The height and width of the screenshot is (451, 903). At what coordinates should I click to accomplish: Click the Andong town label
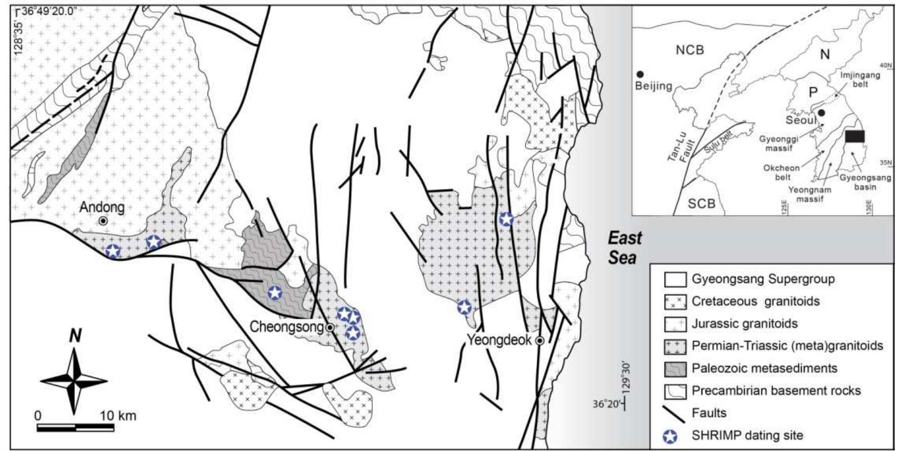click(102, 207)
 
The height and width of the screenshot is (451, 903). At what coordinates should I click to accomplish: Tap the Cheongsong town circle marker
click(330, 328)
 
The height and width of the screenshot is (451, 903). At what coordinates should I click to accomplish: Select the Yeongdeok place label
click(499, 340)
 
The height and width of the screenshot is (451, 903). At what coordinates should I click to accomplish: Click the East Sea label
click(624, 247)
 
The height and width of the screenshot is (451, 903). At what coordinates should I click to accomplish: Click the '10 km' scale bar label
click(118, 416)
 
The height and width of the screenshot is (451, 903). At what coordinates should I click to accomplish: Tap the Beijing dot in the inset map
click(640, 74)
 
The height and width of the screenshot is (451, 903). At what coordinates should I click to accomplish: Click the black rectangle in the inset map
click(855, 136)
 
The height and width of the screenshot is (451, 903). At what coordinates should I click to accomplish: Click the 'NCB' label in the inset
click(690, 50)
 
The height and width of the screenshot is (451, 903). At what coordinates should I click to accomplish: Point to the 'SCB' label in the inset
click(701, 204)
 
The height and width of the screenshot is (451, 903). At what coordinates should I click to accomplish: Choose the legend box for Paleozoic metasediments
click(675, 368)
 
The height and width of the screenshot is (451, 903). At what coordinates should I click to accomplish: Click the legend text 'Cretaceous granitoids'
click(755, 302)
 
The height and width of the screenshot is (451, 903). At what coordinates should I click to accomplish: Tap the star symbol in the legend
click(675, 435)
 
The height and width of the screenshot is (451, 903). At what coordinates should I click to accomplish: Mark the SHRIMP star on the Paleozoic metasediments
click(274, 292)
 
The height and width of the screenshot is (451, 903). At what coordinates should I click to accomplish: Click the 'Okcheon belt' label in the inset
click(781, 173)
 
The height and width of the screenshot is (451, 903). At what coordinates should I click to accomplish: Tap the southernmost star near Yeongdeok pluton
click(464, 307)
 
